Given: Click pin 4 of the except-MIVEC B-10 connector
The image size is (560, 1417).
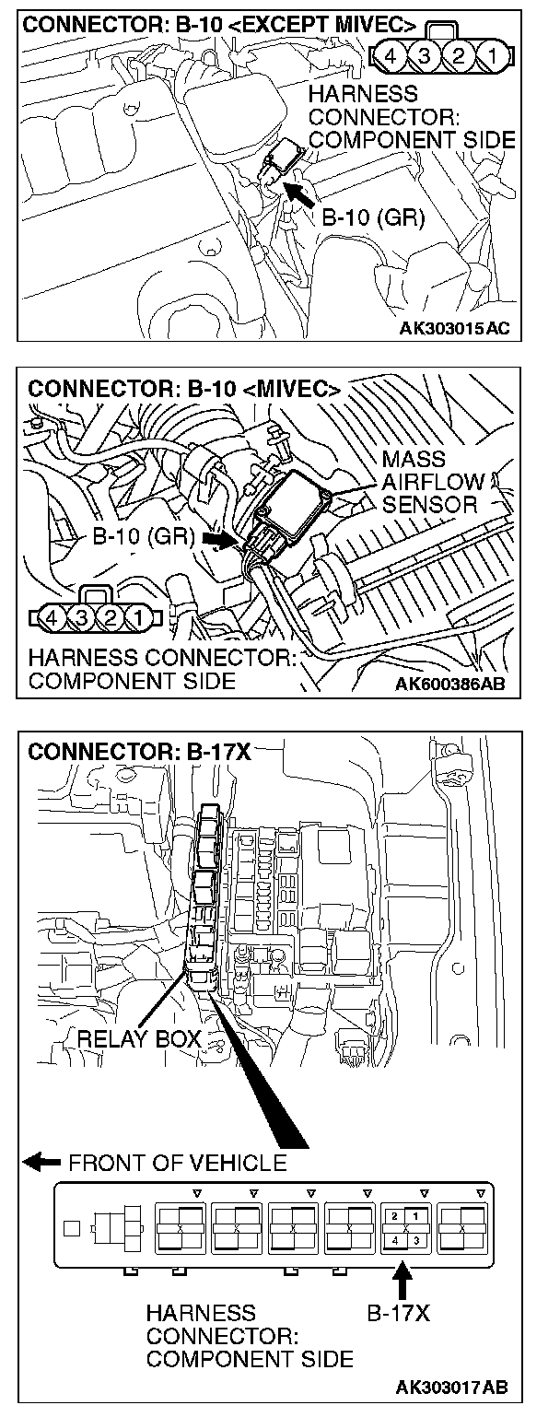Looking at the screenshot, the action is click(390, 55).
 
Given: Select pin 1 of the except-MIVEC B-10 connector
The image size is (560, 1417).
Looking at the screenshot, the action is click(493, 55).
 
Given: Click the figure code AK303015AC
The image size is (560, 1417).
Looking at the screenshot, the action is click(453, 328).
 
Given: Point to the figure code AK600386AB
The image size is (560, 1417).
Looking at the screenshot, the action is click(450, 684).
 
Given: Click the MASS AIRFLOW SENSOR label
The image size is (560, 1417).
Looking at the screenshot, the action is click(430, 482).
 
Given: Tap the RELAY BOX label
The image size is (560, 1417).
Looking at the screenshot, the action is click(139, 1038).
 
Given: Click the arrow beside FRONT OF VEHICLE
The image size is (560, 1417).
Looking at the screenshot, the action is click(41, 1162).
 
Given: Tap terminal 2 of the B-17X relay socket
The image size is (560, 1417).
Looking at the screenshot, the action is click(395, 1216).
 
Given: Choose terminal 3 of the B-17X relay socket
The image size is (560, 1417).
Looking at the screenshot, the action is click(416, 1241).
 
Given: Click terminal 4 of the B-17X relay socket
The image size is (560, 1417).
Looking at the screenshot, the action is click(395, 1241).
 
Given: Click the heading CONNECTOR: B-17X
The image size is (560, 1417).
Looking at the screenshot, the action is click(139, 752).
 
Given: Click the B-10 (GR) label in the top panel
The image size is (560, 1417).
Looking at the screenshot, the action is click(373, 217).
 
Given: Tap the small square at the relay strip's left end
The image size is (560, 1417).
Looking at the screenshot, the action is click(72, 1228).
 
